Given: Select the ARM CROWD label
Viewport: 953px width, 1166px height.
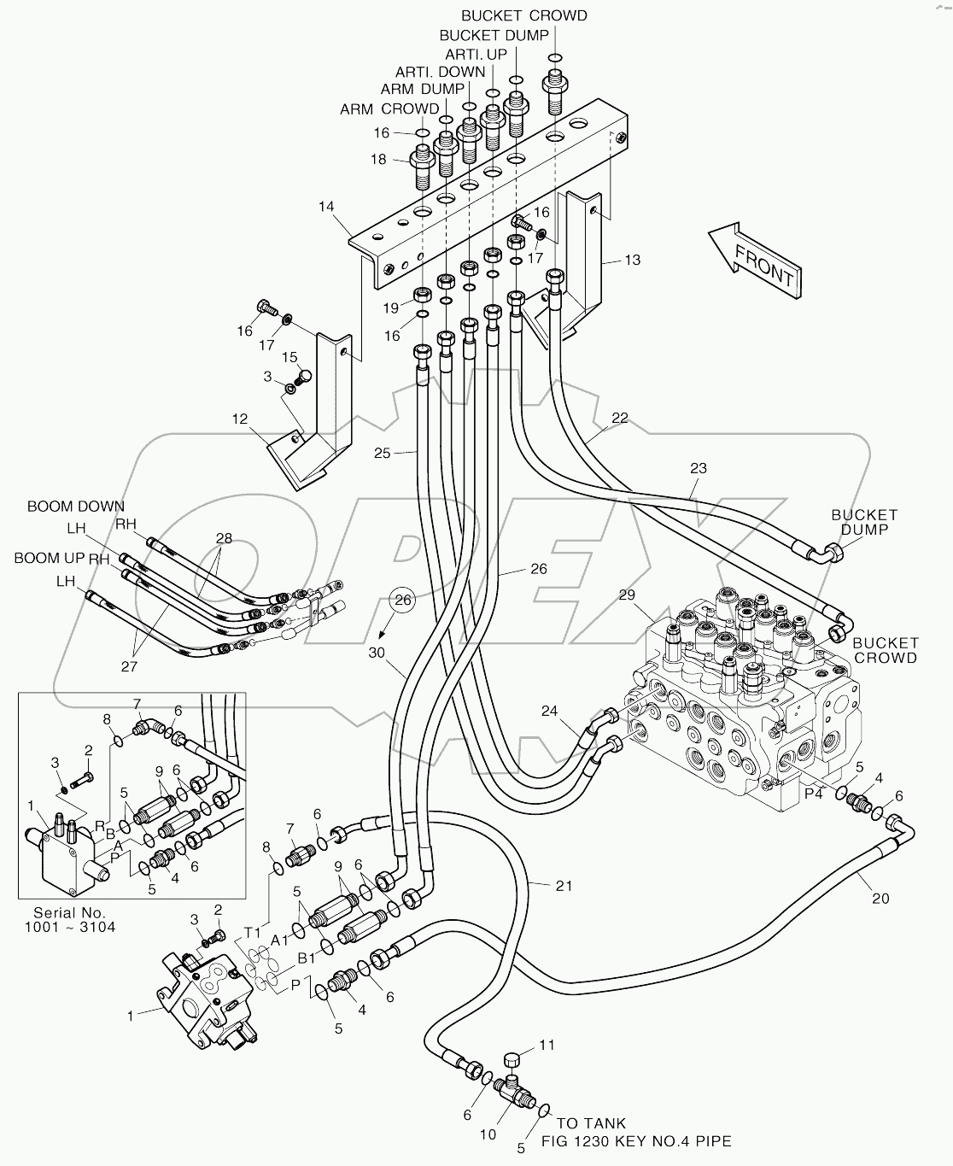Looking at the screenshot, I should pos(389,109).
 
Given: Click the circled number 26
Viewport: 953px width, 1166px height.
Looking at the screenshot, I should pos(403,601).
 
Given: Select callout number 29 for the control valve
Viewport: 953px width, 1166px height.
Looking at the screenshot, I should pos(627,595).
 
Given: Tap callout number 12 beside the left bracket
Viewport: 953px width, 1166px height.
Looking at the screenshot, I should pos(240,419).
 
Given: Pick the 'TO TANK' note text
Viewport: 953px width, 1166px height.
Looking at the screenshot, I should pos(591,1124).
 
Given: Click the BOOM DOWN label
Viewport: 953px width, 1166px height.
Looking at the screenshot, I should pos(75,507).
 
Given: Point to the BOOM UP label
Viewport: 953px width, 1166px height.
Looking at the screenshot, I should pos(50,558).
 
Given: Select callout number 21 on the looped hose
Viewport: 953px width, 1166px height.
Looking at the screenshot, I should pos(564,886).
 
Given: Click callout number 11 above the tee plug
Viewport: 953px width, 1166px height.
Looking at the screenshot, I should pos(547,1045).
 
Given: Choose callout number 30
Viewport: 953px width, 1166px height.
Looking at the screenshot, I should pos(377,653).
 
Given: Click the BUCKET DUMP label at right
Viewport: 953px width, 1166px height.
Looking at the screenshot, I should pos(864,522).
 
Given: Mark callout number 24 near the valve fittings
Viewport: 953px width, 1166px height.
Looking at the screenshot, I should pos(548,710).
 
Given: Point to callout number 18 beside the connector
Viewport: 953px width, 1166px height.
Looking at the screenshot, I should pos(377,160).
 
